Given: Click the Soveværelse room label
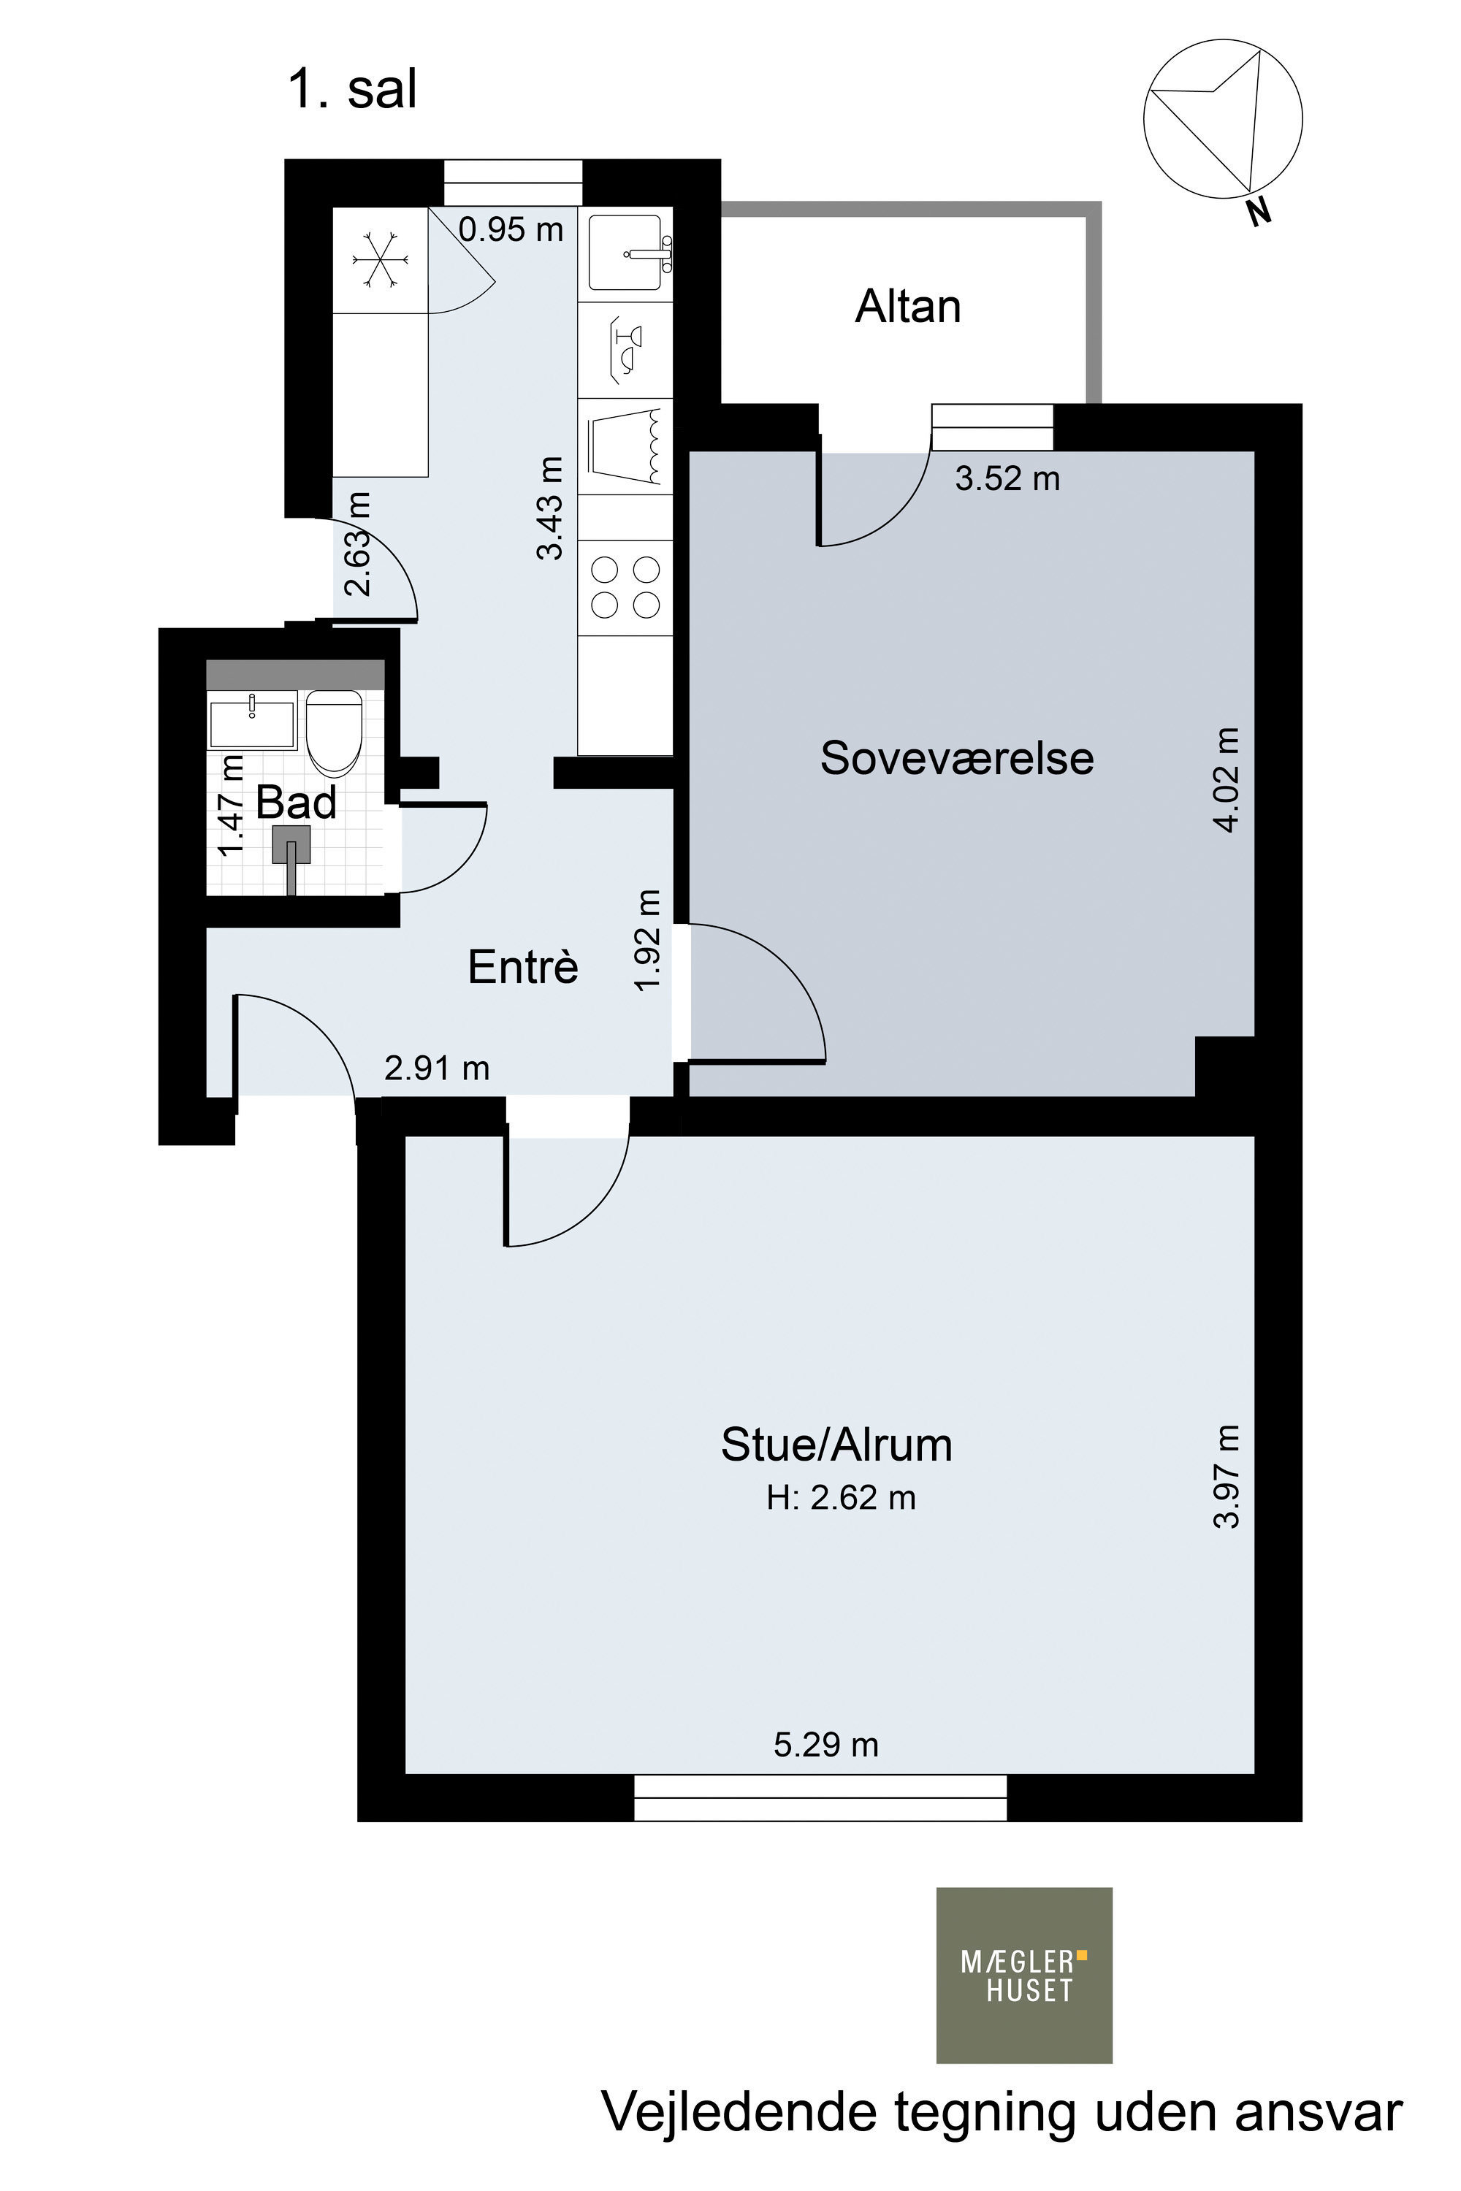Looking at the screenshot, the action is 957,758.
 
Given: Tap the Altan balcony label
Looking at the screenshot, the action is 909,307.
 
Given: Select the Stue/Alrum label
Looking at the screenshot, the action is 836,1445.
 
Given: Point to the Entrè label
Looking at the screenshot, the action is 523,966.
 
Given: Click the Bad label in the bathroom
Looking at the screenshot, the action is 297,802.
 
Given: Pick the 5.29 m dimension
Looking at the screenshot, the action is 826,1744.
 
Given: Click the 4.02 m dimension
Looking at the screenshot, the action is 1227,780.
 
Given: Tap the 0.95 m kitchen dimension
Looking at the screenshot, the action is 511,229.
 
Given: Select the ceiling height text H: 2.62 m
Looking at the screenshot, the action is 842,1498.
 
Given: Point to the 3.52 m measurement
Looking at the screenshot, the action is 1008,479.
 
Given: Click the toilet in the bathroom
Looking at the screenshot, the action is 334,733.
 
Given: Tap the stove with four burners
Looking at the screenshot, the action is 626,588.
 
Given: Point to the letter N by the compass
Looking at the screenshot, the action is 1259,213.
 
